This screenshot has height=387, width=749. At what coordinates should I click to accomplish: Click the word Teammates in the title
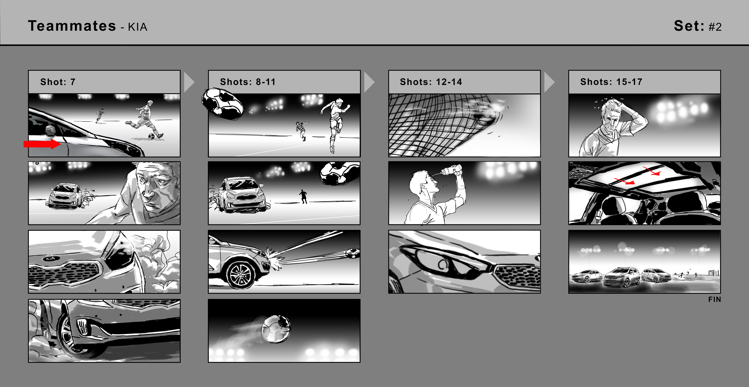click(x=72, y=26)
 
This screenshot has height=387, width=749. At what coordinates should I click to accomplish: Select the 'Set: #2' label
click(x=698, y=26)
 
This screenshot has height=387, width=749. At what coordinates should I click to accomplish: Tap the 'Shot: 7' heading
click(x=58, y=82)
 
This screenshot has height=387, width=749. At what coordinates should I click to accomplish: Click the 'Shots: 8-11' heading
click(x=248, y=82)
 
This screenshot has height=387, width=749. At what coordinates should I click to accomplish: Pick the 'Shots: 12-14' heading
click(x=431, y=82)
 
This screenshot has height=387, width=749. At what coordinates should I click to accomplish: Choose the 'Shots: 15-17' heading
click(x=611, y=82)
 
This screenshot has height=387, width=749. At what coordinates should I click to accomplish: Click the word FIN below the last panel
click(x=715, y=299)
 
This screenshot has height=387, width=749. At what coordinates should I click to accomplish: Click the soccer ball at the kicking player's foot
click(x=151, y=136)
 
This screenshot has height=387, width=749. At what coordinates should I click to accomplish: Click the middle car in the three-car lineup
click(x=622, y=276)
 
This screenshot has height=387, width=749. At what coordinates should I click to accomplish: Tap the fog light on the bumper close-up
click(x=84, y=327)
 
